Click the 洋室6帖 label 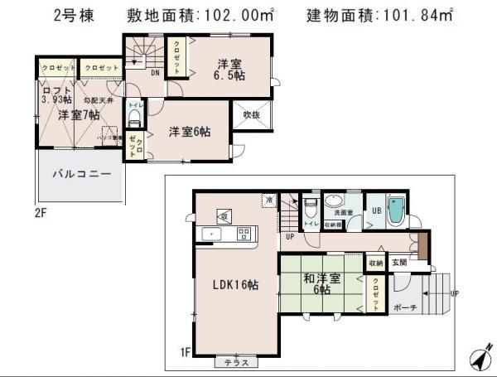click(x=190, y=131)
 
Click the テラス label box click(x=236, y=362)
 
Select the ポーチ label click(x=405, y=307)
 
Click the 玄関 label click(x=399, y=263)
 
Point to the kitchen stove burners click(x=244, y=233)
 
